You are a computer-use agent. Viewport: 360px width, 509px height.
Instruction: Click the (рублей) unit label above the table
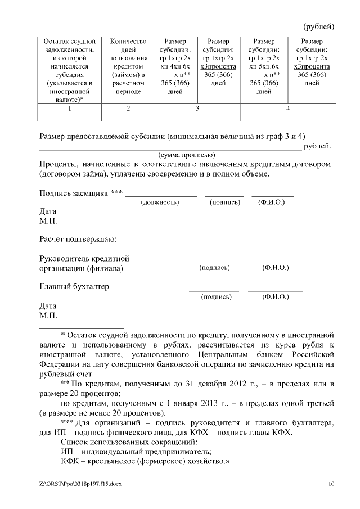319,26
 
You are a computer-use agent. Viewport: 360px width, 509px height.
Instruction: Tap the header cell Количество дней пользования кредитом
128,65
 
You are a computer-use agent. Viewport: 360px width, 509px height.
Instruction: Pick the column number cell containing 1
69,109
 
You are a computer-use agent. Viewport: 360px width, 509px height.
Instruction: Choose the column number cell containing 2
128,109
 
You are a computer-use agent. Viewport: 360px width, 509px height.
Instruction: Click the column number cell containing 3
197,109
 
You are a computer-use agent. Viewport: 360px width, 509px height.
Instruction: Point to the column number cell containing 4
288,109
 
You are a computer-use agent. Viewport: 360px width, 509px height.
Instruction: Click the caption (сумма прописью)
186,155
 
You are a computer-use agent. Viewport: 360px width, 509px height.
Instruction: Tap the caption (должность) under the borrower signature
160,201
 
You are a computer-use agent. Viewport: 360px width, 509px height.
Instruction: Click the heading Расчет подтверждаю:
78,240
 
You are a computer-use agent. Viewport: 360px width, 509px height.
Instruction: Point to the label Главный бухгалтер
74,286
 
